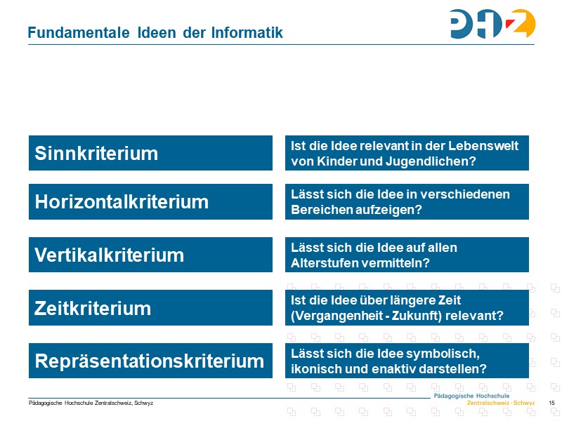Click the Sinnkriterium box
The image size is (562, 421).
tap(150, 153)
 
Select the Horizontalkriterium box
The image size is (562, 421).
tap(150, 202)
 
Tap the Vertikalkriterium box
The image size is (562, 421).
tap(150, 255)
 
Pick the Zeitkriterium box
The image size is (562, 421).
tap(150, 307)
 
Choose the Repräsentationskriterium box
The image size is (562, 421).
tap(150, 361)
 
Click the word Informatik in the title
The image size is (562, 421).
tap(247, 33)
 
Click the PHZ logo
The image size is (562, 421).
tap(492, 24)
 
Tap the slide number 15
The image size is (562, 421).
tap(551, 403)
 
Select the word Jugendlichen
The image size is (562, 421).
tap(436, 161)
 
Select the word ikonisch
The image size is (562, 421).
tap(314, 368)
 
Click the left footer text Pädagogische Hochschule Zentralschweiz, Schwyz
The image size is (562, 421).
tap(91, 403)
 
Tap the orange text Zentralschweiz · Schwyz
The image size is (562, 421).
tap(501, 403)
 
